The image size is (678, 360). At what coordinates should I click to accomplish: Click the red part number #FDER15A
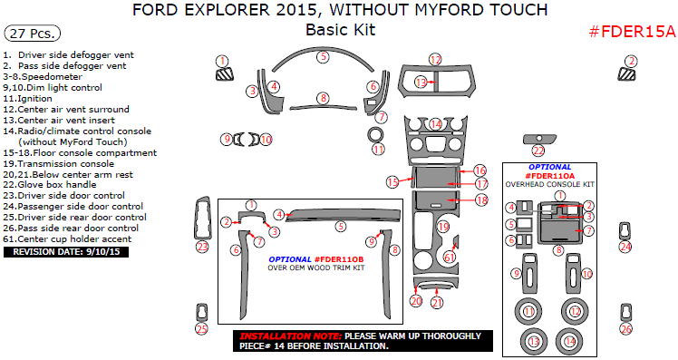[632, 32]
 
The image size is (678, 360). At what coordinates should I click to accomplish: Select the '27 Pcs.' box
[33, 34]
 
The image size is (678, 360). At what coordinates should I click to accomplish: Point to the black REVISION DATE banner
[67, 251]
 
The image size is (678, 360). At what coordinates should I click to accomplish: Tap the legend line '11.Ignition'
[28, 98]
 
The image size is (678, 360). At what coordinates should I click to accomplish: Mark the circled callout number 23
[202, 246]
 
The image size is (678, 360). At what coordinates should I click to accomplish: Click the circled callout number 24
[625, 246]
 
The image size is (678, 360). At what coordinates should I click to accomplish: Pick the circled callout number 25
[201, 329]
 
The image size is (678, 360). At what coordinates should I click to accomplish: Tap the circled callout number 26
[625, 329]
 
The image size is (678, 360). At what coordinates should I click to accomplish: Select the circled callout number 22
[538, 151]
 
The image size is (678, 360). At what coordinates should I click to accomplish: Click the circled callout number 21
[437, 303]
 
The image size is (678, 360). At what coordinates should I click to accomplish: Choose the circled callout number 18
[481, 199]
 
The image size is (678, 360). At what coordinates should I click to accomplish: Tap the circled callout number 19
[443, 226]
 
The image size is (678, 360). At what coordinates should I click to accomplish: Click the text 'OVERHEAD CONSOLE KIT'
[551, 184]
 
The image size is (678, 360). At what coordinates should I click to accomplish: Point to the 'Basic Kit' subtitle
[340, 31]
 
